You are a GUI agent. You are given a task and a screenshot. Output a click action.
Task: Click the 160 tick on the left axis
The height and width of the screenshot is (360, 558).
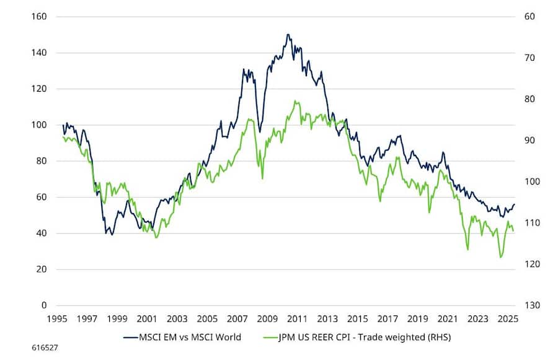tap(38, 16)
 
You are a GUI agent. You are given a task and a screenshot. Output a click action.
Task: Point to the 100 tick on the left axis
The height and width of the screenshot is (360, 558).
tap(38, 125)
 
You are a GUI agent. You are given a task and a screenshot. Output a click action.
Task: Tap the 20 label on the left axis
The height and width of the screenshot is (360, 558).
tap(41, 270)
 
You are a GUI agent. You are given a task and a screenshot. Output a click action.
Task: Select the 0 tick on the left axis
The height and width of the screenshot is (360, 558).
tap(43, 305)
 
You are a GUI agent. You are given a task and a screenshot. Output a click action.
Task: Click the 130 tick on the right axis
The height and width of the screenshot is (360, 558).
tap(526, 305)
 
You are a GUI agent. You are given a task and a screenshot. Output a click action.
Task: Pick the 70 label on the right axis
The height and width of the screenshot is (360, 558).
tap(524, 58)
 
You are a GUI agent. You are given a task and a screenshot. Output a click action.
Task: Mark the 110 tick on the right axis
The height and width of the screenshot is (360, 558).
tap(526, 223)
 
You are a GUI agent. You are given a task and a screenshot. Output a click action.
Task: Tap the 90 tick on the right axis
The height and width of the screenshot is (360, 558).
tap(524, 140)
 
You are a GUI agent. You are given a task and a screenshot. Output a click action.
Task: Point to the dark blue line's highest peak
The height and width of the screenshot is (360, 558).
tap(288, 35)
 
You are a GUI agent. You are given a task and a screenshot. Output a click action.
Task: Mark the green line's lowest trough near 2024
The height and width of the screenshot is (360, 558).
tap(500, 257)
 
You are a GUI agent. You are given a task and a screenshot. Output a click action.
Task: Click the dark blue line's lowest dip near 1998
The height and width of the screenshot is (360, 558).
tap(112, 235)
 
